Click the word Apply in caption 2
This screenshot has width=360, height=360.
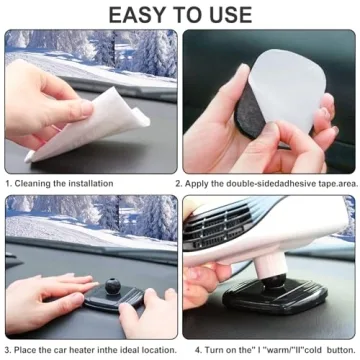[x=198, y=184]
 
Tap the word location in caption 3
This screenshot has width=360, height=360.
[x=157, y=349]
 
